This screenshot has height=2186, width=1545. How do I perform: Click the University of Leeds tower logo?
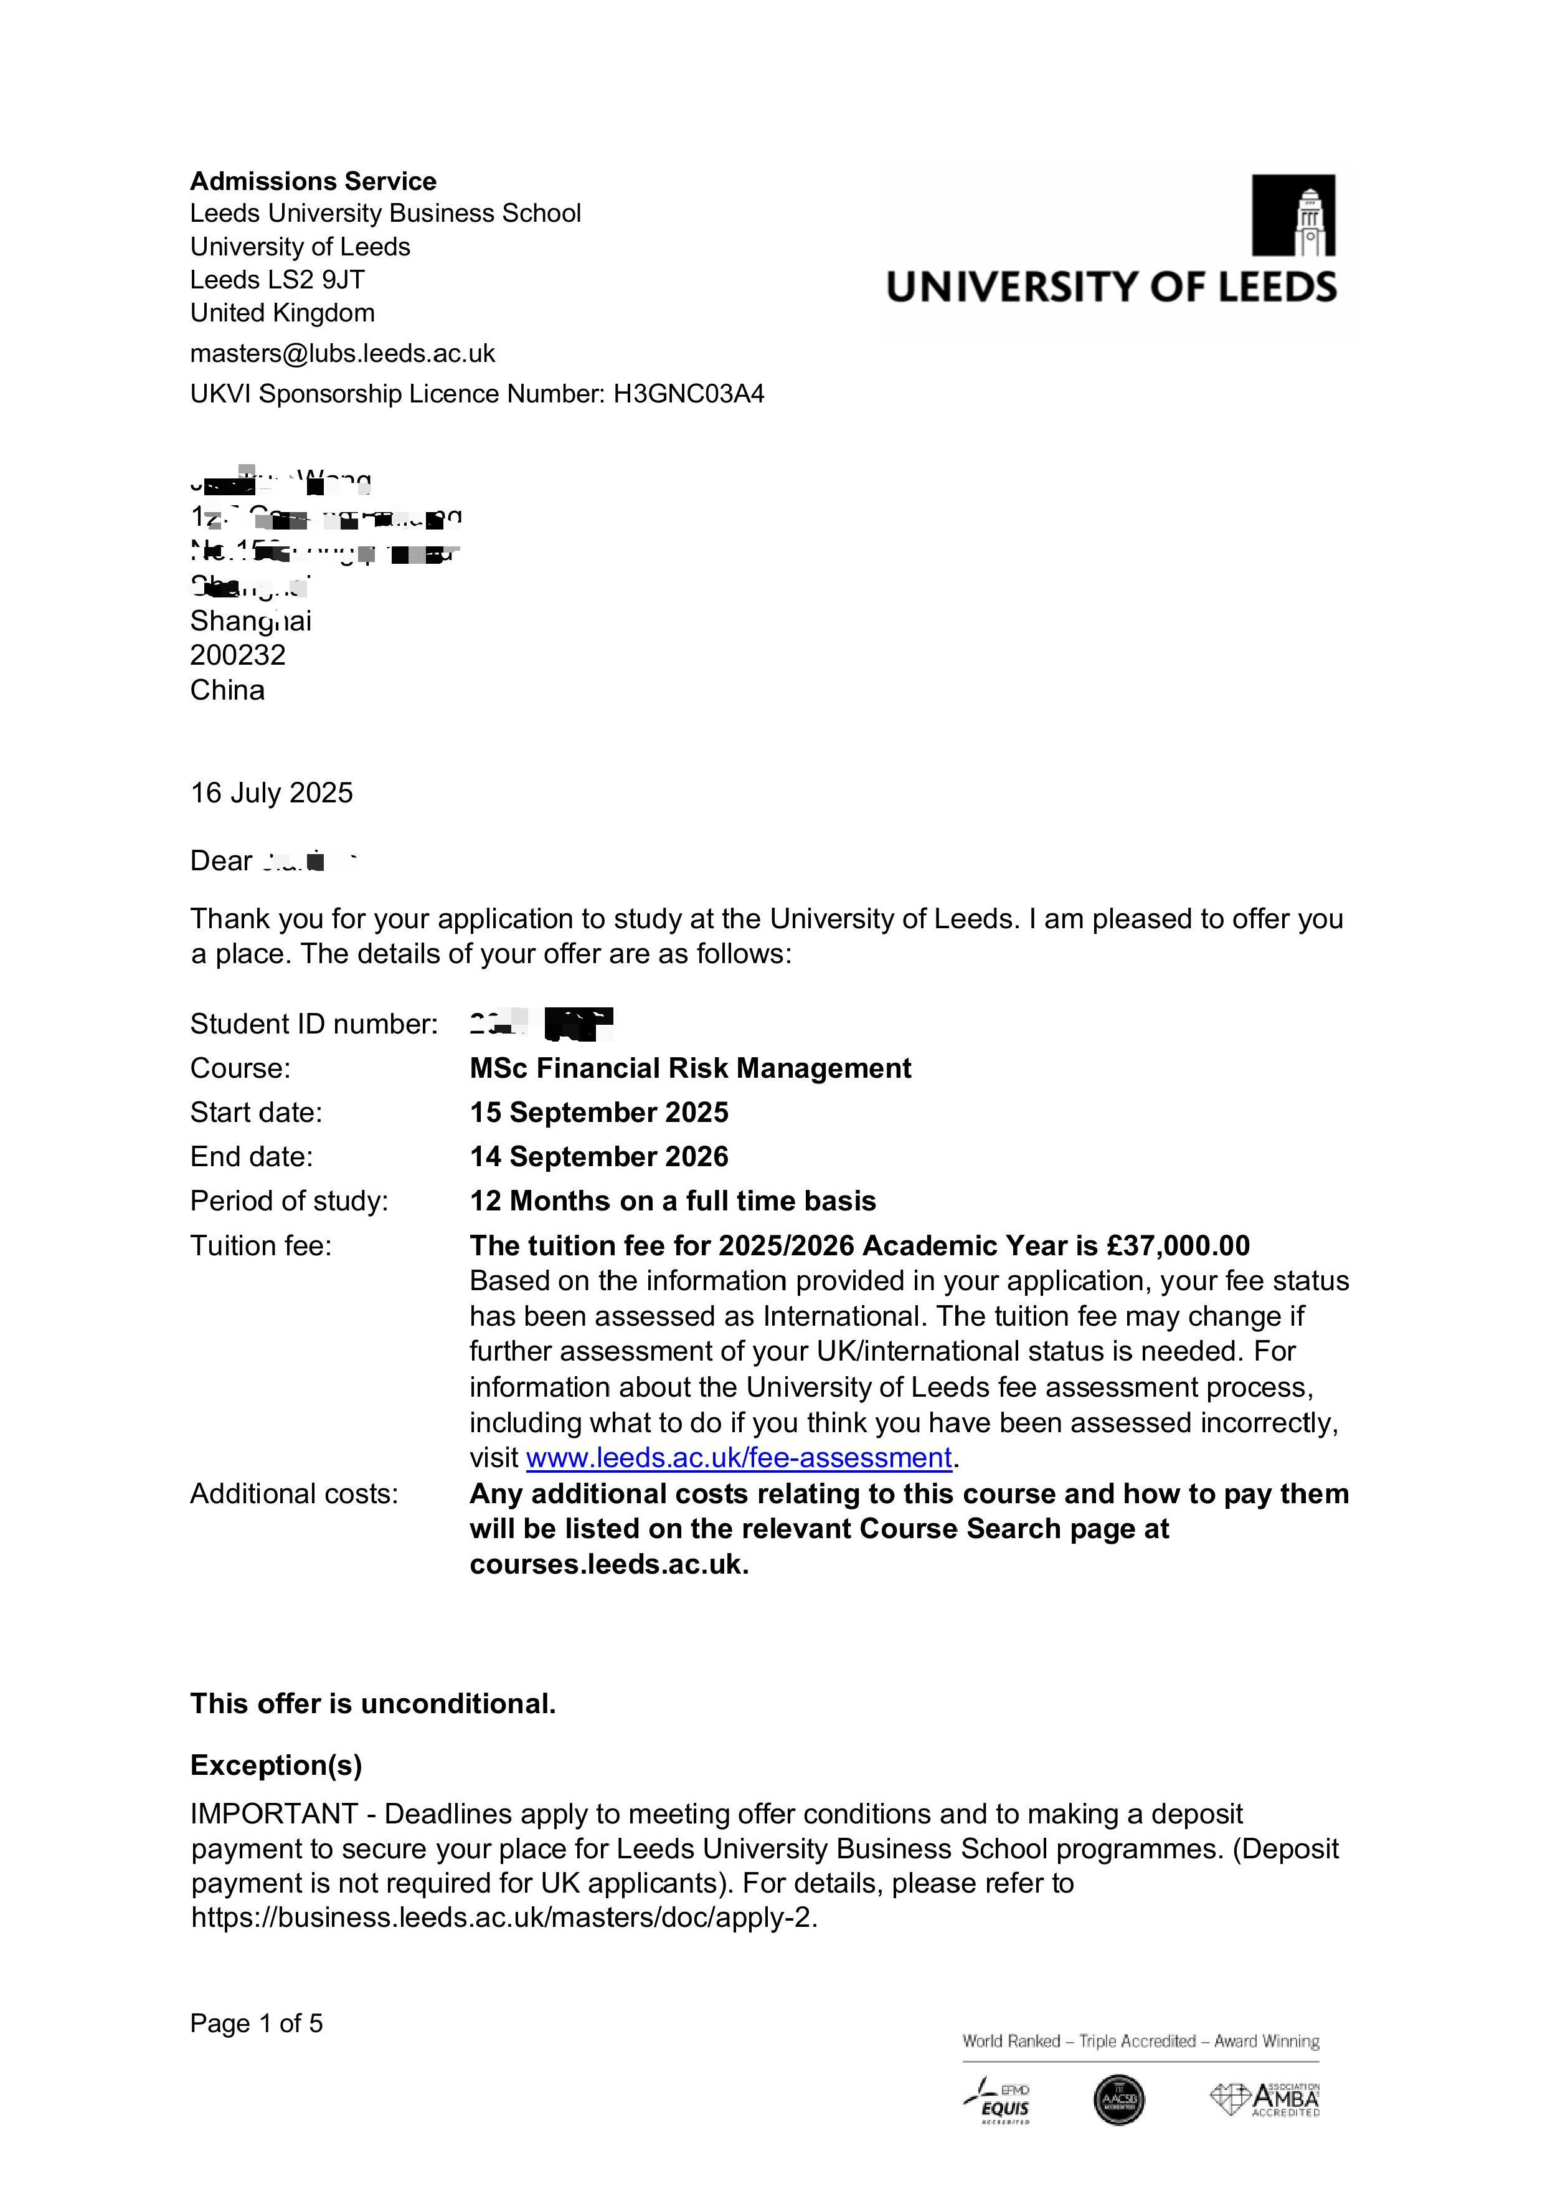(1293, 215)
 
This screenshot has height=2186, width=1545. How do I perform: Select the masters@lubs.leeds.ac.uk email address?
(343, 353)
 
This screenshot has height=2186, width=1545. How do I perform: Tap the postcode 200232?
(238, 655)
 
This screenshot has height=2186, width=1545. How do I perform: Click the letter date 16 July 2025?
(272, 793)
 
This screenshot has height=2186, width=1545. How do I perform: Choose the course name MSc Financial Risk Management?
(690, 1068)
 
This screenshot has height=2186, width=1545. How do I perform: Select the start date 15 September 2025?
(599, 1112)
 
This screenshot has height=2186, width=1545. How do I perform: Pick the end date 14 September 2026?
(599, 1157)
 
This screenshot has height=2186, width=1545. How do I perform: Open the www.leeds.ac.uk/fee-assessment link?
(739, 1458)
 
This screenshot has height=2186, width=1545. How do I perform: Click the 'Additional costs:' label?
(294, 1494)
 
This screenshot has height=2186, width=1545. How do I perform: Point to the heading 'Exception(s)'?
(276, 1765)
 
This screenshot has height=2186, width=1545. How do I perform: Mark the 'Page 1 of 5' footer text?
(256, 2023)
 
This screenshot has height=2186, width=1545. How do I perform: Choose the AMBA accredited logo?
(1265, 2099)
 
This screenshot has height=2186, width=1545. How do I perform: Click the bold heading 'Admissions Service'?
(313, 181)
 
